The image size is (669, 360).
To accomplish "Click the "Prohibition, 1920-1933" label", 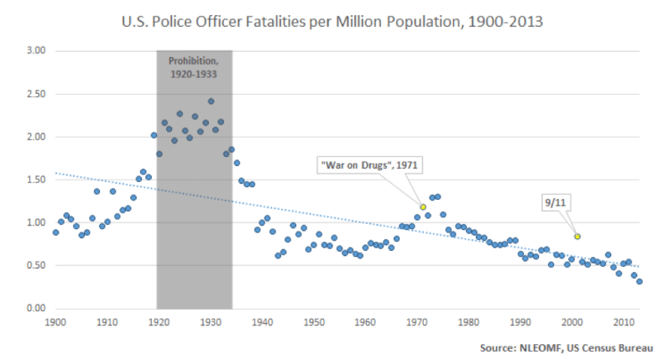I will [195, 68].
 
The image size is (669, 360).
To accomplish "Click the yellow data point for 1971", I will [423, 206].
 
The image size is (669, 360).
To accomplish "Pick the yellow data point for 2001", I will [577, 237].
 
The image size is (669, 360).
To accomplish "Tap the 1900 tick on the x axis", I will [55, 321].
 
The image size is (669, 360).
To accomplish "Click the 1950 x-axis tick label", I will [314, 321].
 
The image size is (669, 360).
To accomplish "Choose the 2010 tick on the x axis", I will [624, 321].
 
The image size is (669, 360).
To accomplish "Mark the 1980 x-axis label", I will [468, 321].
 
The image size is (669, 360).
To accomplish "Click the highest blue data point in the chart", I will [211, 102].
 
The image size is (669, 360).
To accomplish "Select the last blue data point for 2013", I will [640, 282].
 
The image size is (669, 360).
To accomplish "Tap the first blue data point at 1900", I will [55, 232].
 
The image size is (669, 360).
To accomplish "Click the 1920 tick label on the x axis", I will [159, 321].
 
